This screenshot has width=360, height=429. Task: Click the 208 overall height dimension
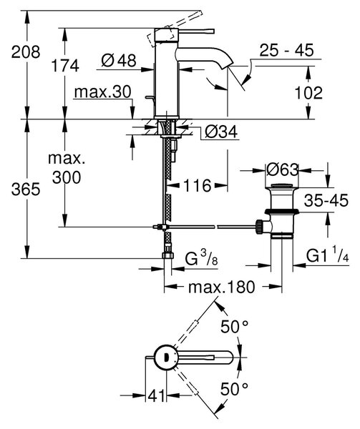(x=26, y=51)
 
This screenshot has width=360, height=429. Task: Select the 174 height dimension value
(x=65, y=66)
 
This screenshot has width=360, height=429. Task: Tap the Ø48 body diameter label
(x=119, y=60)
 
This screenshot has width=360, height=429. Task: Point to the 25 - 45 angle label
(x=286, y=50)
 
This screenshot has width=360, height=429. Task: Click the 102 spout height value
(x=308, y=93)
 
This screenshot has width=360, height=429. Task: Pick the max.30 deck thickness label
(x=102, y=92)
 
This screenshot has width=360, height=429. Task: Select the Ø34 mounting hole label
(x=221, y=132)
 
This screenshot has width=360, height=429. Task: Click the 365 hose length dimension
(x=26, y=189)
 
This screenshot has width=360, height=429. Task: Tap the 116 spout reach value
(x=197, y=186)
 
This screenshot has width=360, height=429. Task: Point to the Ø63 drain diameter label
(x=282, y=170)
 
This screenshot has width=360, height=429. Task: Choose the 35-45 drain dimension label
(x=326, y=200)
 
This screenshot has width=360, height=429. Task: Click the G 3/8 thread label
(x=202, y=258)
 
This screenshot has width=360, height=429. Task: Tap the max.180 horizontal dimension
(x=221, y=287)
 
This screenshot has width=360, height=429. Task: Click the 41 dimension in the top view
(x=157, y=395)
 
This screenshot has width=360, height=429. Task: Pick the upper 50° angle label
(x=235, y=327)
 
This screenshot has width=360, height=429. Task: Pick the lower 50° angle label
(x=235, y=389)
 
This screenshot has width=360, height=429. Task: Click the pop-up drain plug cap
(x=282, y=186)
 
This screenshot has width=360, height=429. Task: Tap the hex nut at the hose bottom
(x=167, y=255)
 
